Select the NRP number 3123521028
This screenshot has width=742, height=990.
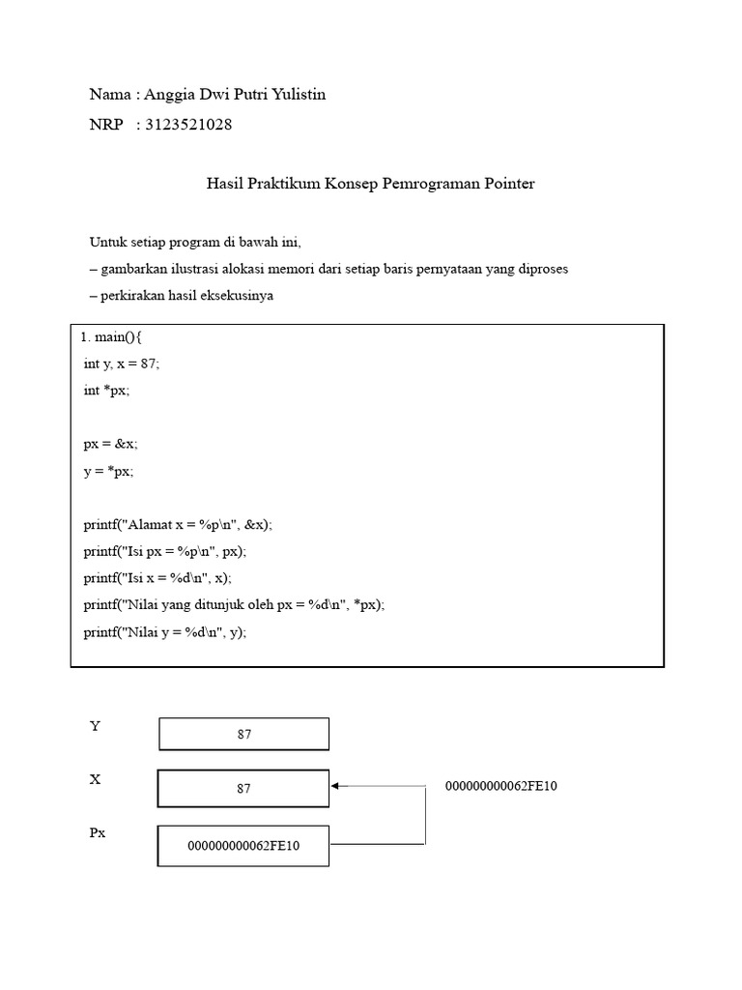click(x=188, y=125)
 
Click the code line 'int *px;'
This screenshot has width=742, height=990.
click(x=106, y=391)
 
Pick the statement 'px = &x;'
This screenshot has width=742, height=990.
click(x=110, y=444)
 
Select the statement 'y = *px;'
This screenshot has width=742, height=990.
click(x=108, y=471)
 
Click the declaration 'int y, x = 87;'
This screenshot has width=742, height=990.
click(x=122, y=364)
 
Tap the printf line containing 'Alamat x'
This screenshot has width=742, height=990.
click(x=178, y=524)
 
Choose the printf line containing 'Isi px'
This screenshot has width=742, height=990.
click(x=165, y=551)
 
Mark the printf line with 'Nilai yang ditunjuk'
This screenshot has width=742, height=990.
click(x=234, y=605)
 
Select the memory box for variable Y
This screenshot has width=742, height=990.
click(x=243, y=734)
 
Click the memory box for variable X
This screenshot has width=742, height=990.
click(x=243, y=788)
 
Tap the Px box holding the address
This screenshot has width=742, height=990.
click(x=243, y=845)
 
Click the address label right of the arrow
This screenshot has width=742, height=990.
click(x=500, y=787)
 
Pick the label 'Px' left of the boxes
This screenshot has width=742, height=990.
click(x=98, y=832)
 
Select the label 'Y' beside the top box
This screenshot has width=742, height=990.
click(x=95, y=726)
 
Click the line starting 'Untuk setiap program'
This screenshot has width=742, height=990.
click(x=196, y=242)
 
